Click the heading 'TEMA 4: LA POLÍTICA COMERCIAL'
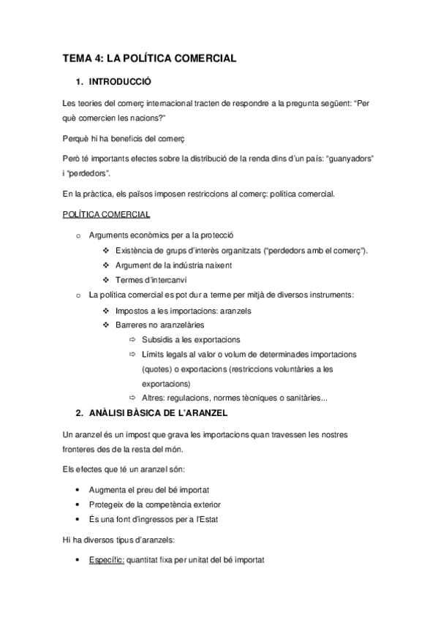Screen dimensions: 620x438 pos(149,58)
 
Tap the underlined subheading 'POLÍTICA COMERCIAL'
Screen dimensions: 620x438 pos(107,214)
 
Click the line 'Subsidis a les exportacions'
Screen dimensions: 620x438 pos(192,340)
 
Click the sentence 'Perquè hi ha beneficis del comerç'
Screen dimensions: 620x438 pos(124,138)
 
